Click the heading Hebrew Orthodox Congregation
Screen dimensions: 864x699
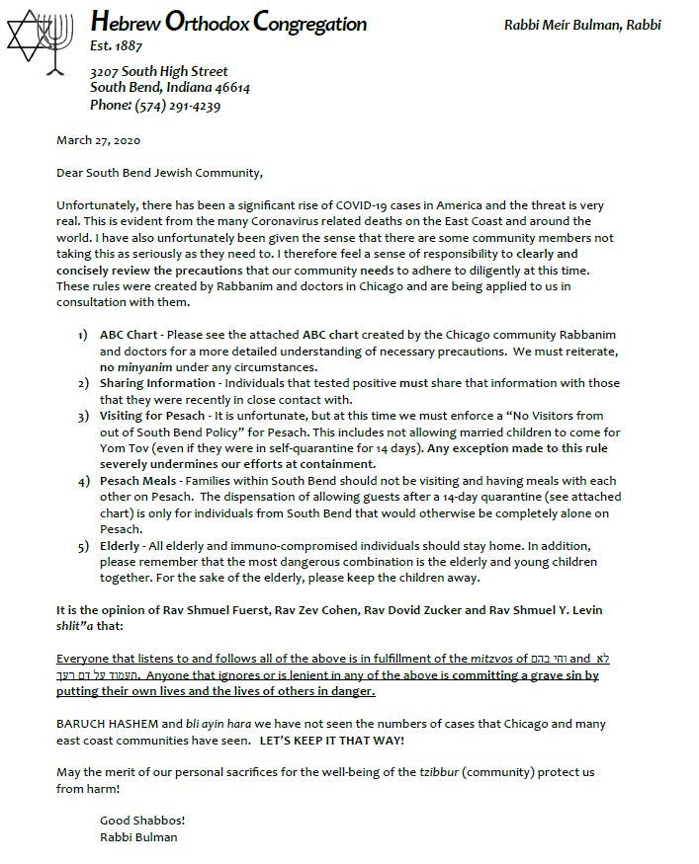[x=227, y=23]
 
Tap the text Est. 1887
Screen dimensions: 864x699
[x=115, y=46]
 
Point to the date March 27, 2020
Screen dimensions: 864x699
[x=99, y=141]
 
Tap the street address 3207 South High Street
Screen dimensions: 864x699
[x=158, y=71]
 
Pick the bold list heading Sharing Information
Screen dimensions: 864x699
[x=156, y=383]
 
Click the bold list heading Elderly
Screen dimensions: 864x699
[x=120, y=545]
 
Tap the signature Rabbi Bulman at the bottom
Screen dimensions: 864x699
[x=139, y=836]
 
